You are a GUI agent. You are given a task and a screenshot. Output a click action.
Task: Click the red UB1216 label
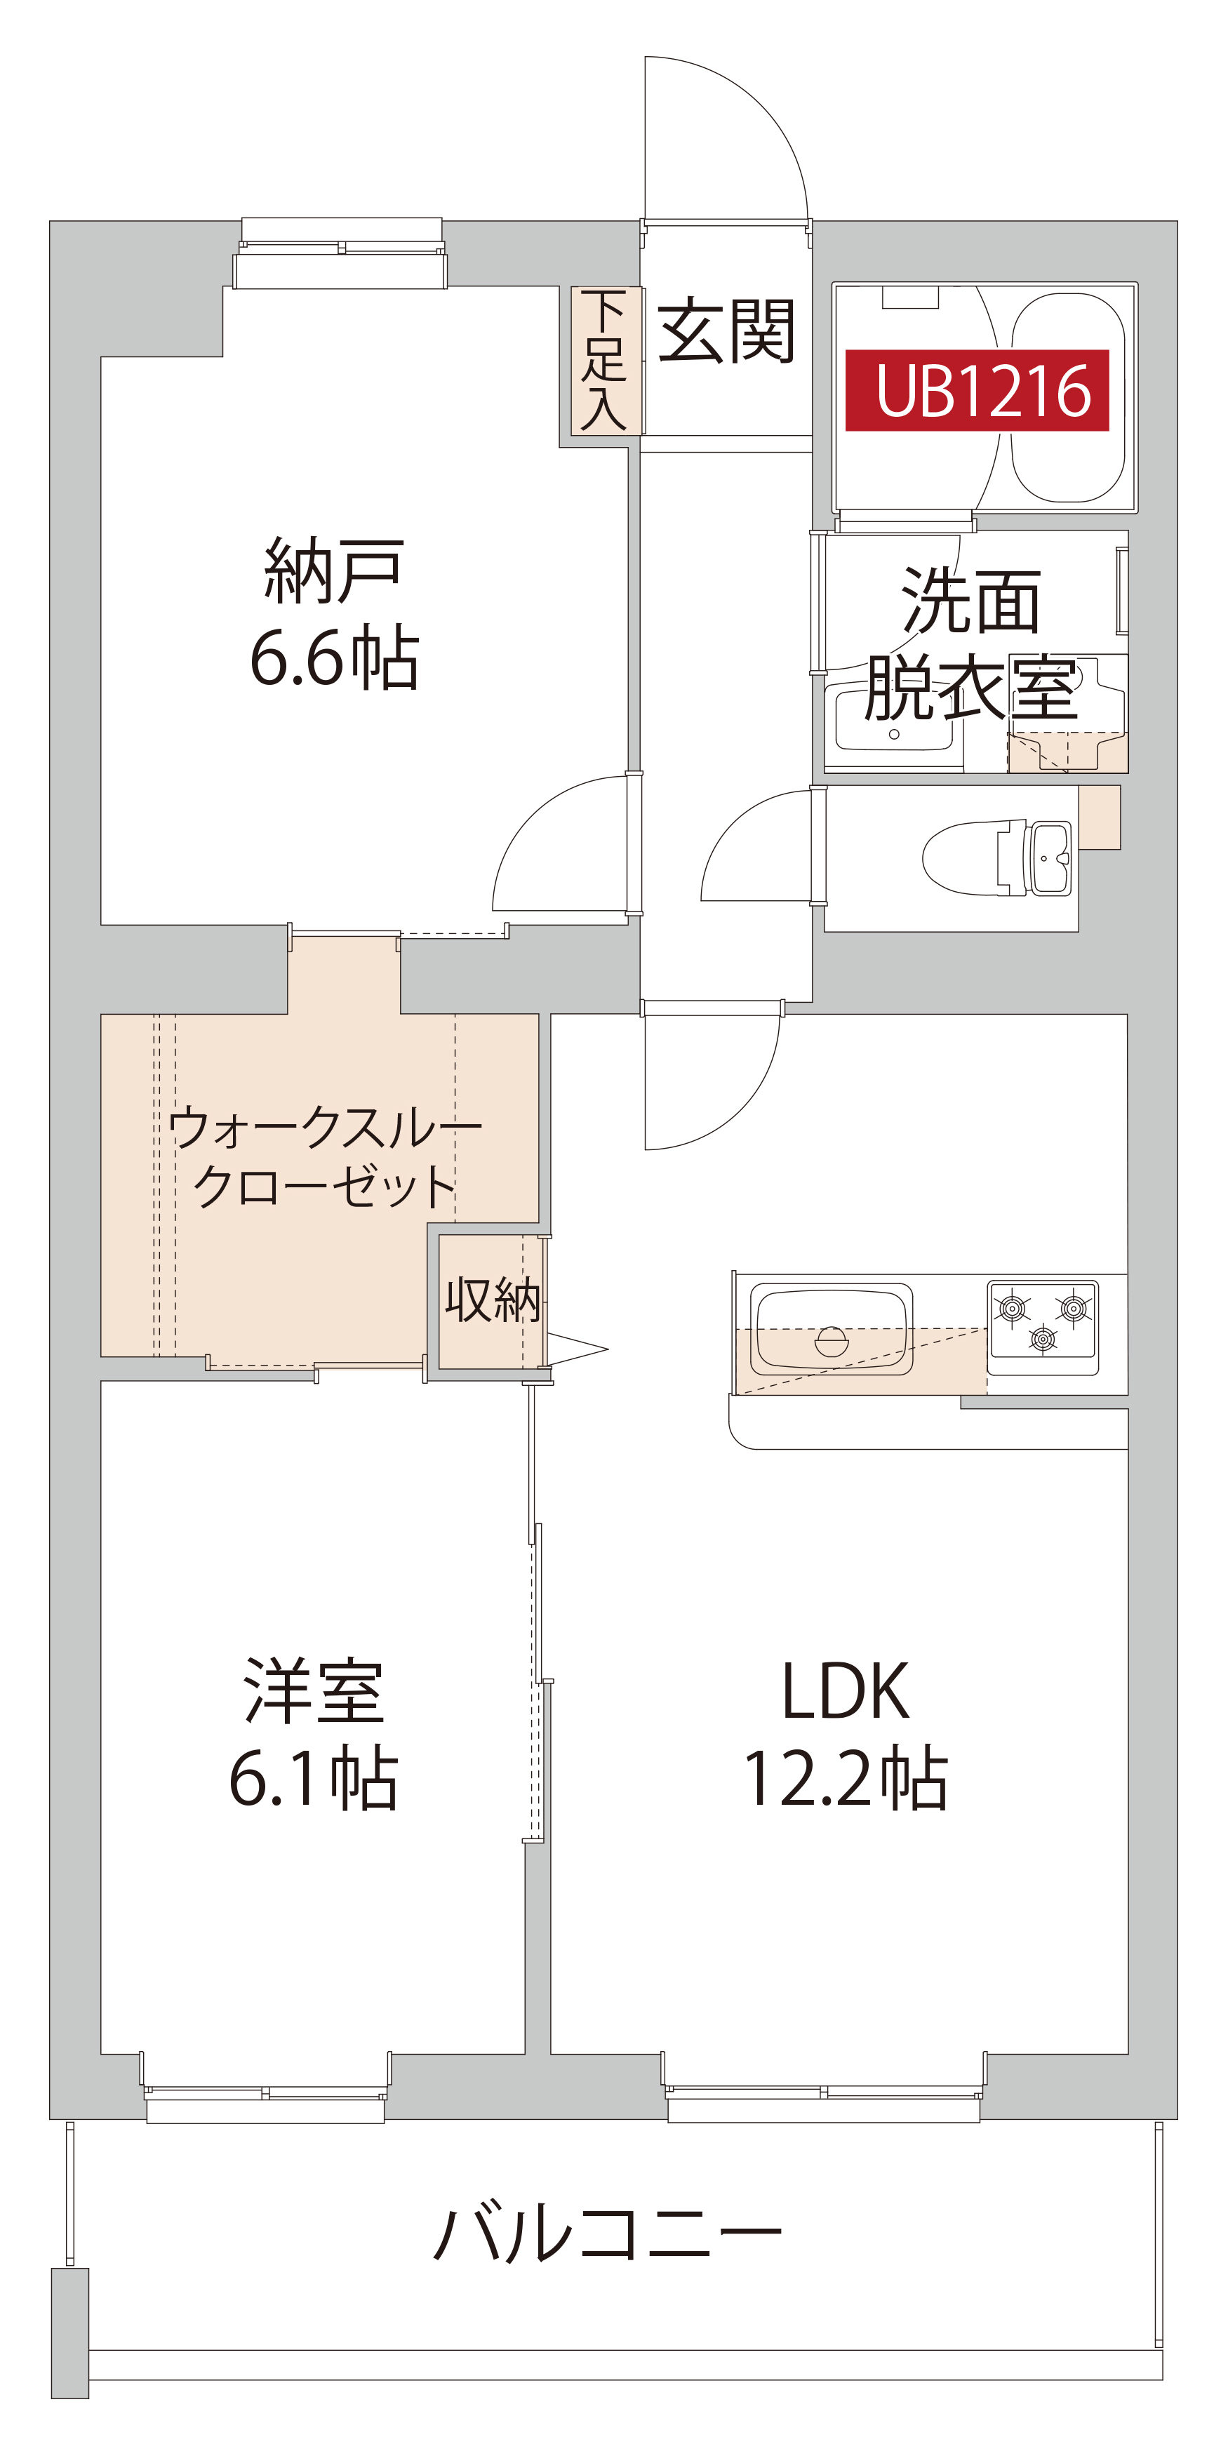tap(977, 390)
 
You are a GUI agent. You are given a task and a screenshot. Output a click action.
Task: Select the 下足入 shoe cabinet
tap(604, 361)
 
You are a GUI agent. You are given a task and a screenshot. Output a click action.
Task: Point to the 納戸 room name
tap(334, 570)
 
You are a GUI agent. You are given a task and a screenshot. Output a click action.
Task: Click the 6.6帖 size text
tap(334, 658)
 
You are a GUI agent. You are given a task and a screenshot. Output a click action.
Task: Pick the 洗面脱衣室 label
tap(970, 643)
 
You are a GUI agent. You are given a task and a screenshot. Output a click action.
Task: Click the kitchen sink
tap(832, 1330)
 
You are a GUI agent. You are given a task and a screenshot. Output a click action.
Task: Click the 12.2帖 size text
tap(845, 1779)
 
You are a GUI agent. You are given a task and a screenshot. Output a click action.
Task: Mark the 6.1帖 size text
tap(314, 1779)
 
